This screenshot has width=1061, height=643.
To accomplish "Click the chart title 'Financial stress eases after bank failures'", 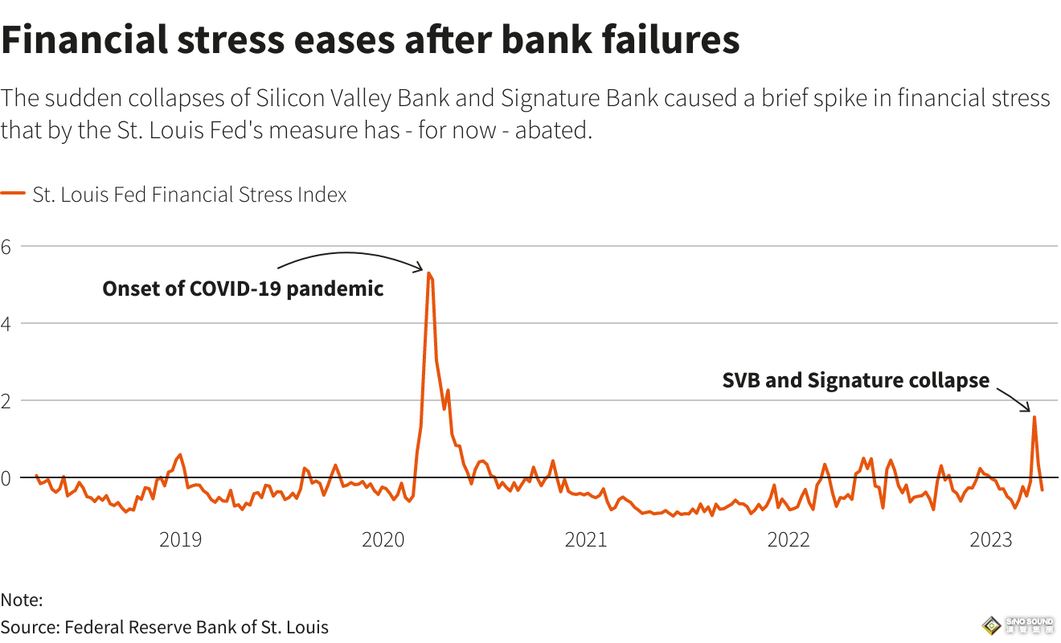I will click(370, 40).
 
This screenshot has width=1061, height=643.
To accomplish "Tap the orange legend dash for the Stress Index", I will click(13, 195).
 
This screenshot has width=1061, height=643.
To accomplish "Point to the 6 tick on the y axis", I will click(6, 247).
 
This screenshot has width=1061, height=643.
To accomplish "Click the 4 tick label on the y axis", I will click(6, 324).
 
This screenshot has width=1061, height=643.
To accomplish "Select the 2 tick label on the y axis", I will click(6, 401).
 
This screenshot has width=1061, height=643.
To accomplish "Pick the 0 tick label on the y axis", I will click(6, 478).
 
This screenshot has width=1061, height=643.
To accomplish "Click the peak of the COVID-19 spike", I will click(429, 274).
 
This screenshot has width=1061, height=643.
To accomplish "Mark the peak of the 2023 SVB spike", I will click(1034, 416).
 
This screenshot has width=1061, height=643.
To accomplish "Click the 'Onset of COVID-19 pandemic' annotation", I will click(243, 289).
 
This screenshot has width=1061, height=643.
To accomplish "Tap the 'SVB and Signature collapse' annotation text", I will click(856, 380).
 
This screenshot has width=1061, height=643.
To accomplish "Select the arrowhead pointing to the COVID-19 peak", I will click(420, 268).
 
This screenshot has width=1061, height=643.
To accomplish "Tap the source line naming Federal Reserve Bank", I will click(165, 627).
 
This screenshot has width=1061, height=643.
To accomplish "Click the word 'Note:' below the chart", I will click(22, 600).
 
